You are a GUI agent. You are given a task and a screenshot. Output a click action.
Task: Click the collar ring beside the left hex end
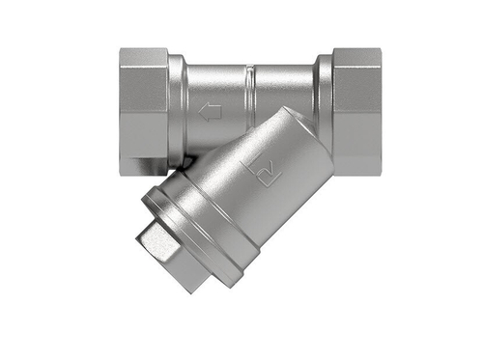point(176,101)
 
